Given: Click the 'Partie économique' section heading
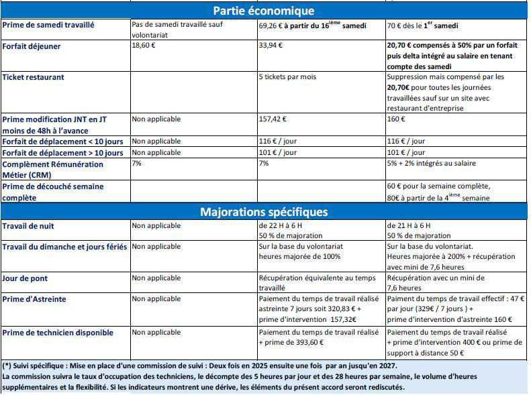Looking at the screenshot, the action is tap(263, 11).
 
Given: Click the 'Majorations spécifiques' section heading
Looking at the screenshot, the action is tap(263, 212).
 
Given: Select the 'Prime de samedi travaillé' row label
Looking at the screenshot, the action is tap(48, 25).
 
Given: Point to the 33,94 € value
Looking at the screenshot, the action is tap(271, 46).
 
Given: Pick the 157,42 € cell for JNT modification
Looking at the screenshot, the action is tap(273, 119).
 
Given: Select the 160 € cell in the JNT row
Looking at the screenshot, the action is tap(397, 119).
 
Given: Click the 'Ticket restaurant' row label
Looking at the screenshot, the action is tap(34, 77).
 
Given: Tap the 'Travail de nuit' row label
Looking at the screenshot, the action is tap(29, 226).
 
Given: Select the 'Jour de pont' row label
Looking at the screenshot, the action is tap(26, 278).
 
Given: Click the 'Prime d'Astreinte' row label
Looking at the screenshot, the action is tap(34, 299).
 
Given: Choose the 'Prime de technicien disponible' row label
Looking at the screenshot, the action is tap(58, 333).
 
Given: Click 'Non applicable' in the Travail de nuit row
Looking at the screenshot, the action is tap(156, 226).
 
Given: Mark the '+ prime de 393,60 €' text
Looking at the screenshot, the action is tap(291, 342).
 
